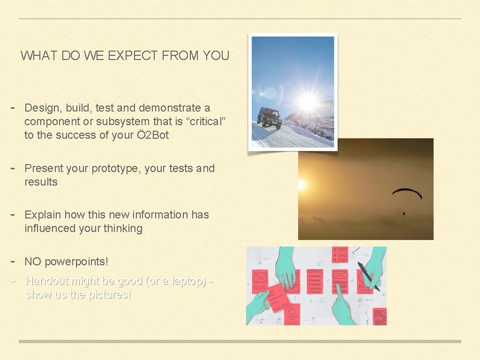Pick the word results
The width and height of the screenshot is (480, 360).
pos(41,182)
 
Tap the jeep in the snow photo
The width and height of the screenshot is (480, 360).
pos(270,117)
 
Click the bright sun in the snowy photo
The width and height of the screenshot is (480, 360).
pos(307,101)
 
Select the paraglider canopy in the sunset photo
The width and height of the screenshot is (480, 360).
pos(407,192)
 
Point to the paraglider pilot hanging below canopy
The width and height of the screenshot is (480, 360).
pos(404,213)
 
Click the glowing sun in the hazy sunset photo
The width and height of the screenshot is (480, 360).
pos(300,186)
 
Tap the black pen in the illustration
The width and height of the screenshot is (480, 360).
pos(368,276)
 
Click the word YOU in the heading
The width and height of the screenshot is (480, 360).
pos(216,56)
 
